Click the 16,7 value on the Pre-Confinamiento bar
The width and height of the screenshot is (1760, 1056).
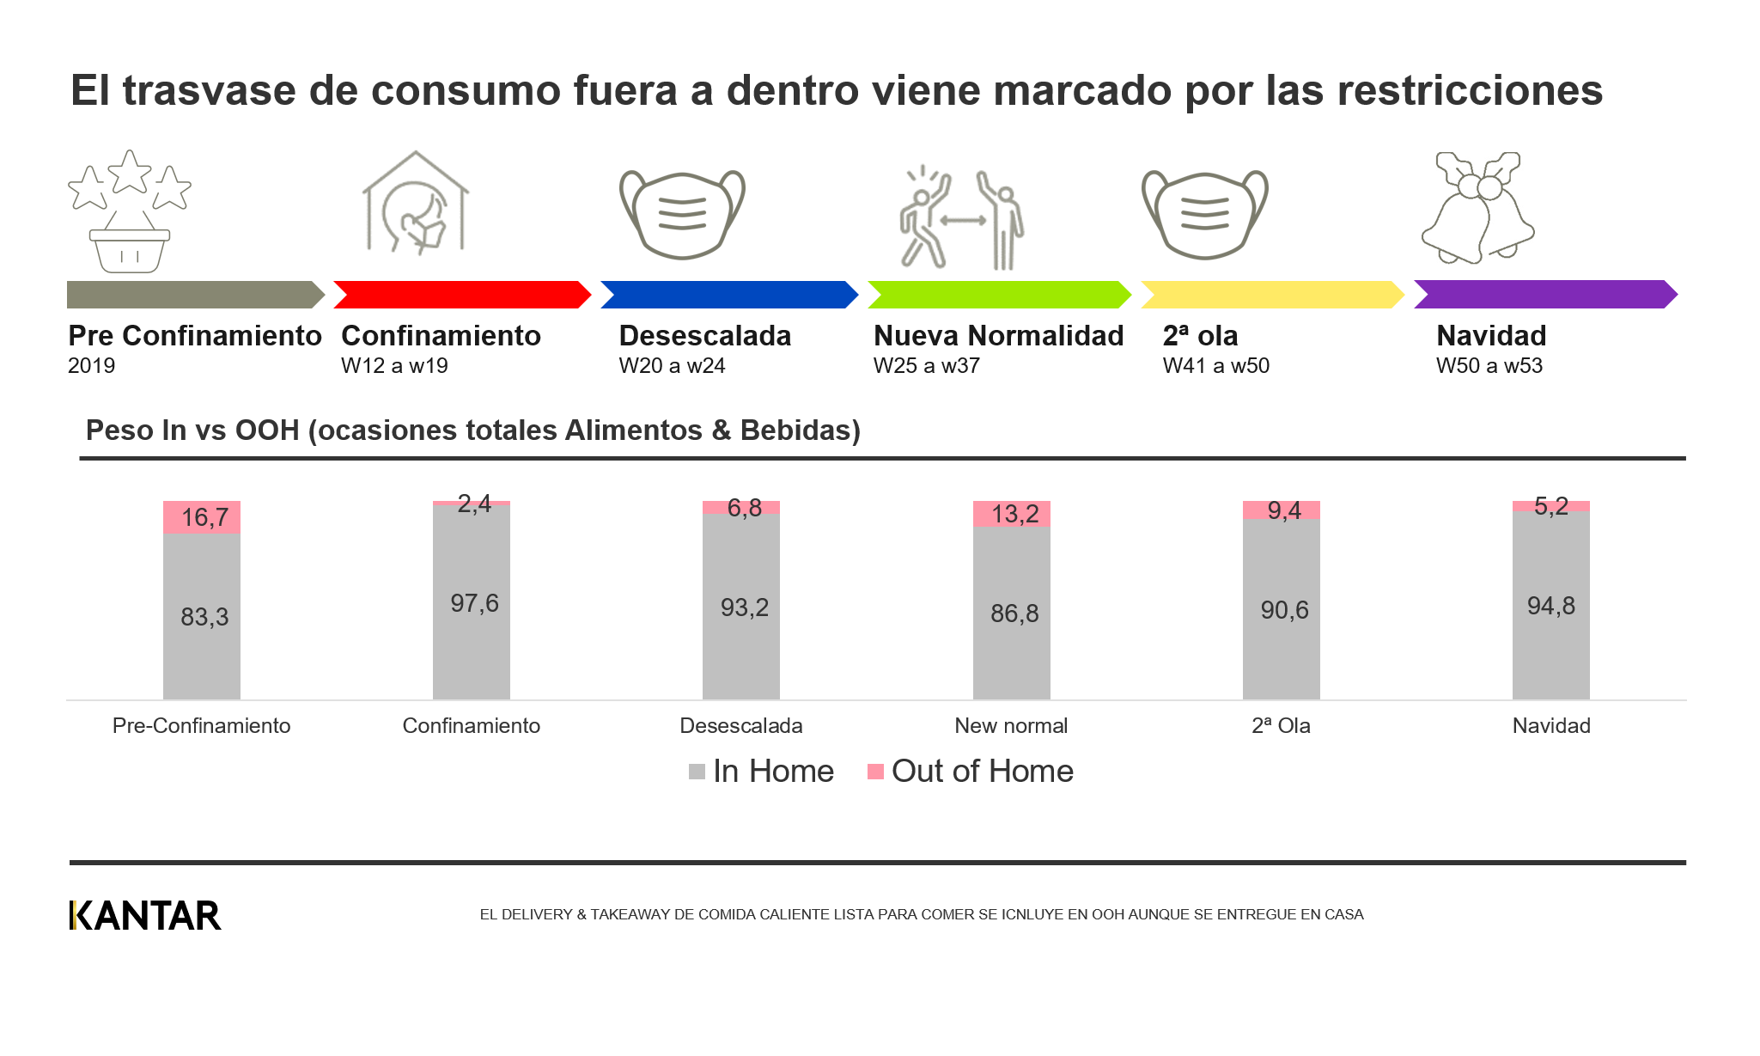204,517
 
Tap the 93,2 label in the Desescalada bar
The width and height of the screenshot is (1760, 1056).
744,607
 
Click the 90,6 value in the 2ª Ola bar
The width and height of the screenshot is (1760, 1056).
1284,610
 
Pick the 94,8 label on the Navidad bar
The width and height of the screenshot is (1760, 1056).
1550,606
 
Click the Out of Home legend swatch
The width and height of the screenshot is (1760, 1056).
875,772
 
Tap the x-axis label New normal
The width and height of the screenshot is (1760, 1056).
1011,725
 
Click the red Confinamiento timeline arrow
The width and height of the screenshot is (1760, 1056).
462,295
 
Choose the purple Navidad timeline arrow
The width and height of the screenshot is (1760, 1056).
1544,295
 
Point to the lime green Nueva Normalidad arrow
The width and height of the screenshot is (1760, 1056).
998,295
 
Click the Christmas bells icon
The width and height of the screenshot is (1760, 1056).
1477,209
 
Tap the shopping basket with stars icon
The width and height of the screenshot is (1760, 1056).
129,212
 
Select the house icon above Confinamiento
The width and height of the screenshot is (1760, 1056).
416,204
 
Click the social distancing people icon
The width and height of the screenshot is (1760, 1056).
961,218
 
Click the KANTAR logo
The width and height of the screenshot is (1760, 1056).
145,915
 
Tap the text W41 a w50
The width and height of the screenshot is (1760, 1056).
1215,366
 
